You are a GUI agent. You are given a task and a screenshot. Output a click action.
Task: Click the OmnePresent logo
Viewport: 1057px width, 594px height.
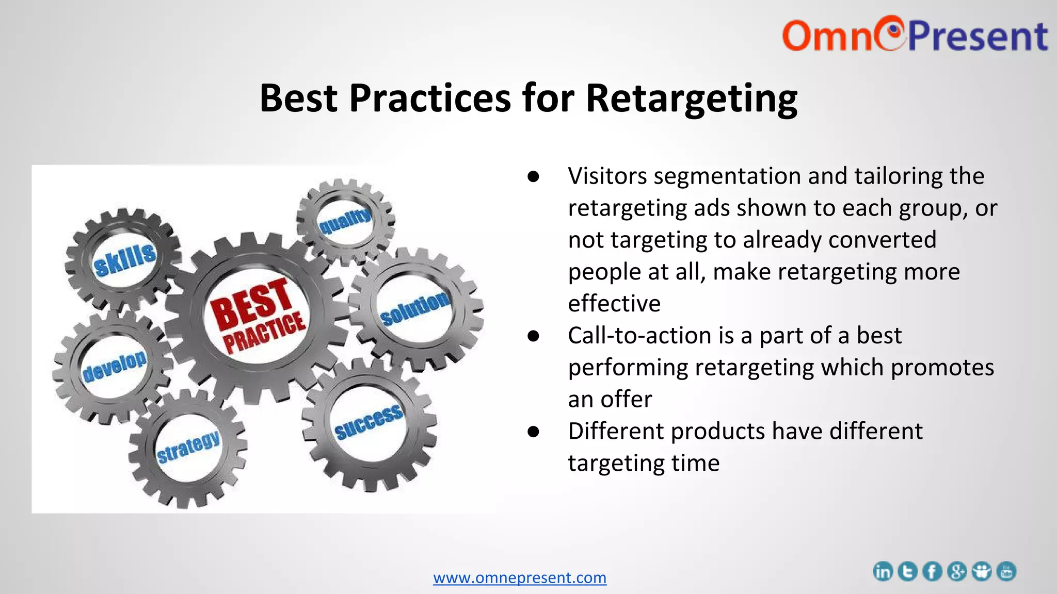pos(915,35)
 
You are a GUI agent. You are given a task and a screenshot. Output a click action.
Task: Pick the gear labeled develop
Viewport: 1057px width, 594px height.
pos(114,366)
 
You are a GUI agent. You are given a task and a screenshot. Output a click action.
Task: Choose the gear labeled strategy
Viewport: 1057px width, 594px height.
pos(188,447)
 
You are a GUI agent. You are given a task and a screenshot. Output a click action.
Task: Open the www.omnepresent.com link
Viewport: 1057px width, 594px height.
pos(520,577)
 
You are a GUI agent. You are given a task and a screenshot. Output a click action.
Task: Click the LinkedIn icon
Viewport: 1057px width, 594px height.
pos(883,571)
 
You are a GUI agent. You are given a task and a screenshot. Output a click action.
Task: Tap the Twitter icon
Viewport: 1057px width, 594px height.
pos(907,571)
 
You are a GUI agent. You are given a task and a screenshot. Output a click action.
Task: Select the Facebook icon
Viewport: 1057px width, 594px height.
pos(932,571)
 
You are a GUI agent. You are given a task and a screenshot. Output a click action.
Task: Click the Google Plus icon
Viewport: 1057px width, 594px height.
pos(957,571)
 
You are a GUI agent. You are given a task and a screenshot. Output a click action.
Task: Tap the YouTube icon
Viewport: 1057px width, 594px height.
pos(1006,571)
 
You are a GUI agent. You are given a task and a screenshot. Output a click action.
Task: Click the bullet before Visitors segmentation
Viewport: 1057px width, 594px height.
pos(534,177)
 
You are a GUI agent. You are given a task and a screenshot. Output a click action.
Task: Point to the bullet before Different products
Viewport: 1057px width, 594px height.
pos(534,432)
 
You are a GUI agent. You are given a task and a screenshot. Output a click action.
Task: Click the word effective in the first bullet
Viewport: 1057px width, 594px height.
pos(614,304)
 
